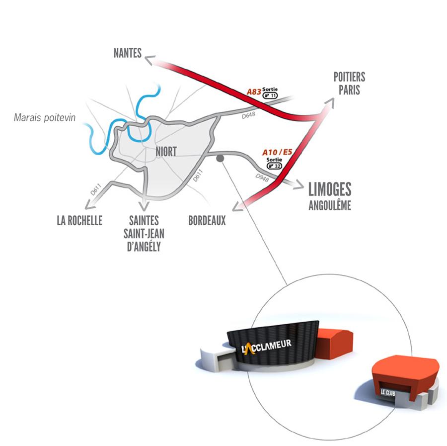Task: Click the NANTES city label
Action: point(128,53)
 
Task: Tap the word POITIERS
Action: point(349,77)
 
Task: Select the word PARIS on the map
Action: point(349,90)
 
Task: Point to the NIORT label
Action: point(166,152)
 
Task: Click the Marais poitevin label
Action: point(45,117)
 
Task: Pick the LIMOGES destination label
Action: point(330,189)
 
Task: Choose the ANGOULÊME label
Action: point(330,205)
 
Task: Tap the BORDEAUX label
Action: point(207,220)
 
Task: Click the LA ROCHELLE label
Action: point(79,220)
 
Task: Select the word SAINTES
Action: point(144,220)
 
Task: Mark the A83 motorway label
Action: point(254,91)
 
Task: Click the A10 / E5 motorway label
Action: point(277,152)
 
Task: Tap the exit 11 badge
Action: point(270,95)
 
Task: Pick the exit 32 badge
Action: point(274,166)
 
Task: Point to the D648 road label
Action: point(249,115)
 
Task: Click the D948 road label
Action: point(262,178)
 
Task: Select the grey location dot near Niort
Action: point(220,158)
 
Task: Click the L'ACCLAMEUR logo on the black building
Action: point(266,346)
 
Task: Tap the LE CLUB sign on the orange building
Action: point(388,393)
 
